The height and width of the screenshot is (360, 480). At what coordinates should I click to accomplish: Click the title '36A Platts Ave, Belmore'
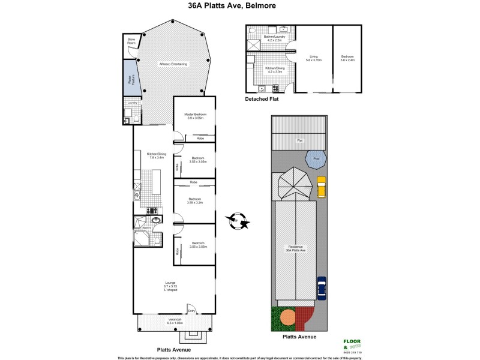coord(239,8)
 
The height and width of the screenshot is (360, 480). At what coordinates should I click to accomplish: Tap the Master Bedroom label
coord(194,116)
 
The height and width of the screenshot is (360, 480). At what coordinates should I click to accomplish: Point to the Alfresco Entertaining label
coord(173,64)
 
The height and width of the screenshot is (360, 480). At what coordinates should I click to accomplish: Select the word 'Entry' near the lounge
coord(191,310)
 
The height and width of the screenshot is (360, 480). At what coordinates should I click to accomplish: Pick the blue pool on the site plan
coord(316,160)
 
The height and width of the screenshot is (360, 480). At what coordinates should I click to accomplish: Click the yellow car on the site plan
coord(322,186)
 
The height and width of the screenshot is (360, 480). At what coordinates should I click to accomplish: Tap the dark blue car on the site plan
coord(321,288)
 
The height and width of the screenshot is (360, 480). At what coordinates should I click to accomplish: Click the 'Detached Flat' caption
coord(262,99)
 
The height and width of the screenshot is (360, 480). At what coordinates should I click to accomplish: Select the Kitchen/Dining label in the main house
coord(155,157)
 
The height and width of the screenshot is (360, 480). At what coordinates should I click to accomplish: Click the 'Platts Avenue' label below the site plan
coord(299,337)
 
